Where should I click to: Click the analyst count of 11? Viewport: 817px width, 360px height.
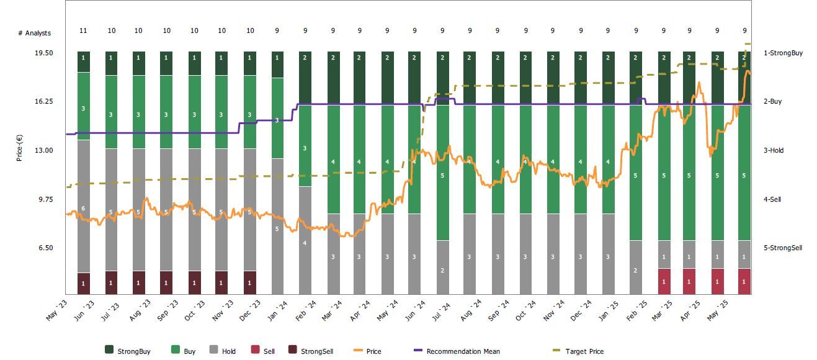click(84, 30)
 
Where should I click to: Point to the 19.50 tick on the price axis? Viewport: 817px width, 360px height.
click(43, 53)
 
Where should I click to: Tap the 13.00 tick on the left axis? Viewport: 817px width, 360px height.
click(43, 150)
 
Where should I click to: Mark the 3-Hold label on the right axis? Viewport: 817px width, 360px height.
click(774, 150)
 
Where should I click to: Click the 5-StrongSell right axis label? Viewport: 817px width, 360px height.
click(782, 248)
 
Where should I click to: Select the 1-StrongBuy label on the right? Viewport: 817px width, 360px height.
click(783, 53)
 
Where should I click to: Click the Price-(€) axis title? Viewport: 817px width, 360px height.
click(20, 148)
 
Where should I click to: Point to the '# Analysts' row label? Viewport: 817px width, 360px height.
click(34, 33)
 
